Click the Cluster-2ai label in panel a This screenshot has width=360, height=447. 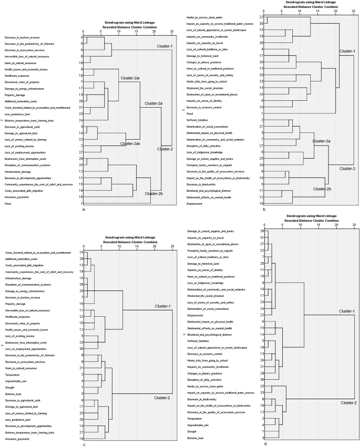pyautogui.click(x=129, y=78)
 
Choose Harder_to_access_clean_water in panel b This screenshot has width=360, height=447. pyautogui.click(x=206, y=18)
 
